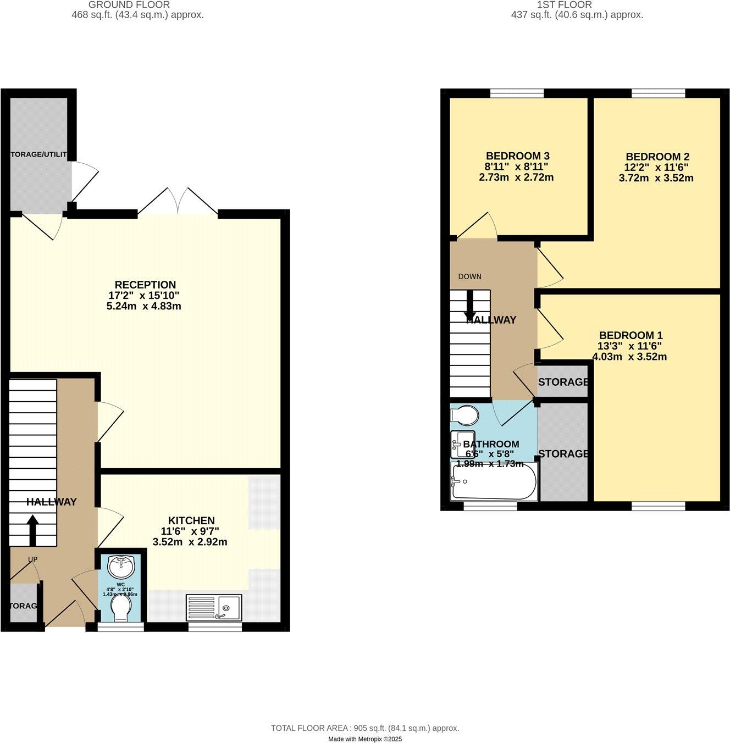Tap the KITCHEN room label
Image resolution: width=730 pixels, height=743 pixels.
click(191, 520)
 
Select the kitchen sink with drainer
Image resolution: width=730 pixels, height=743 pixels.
click(214, 607)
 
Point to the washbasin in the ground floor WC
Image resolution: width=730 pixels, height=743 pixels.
click(120, 565)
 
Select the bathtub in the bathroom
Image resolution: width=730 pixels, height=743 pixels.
click(493, 481)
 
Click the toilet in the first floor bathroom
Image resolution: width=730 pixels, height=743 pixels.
click(464, 415)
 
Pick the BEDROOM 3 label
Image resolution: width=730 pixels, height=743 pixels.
click(517, 156)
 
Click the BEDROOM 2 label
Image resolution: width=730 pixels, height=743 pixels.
click(657, 156)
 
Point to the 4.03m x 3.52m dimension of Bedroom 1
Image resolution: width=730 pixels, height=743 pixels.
click(629, 357)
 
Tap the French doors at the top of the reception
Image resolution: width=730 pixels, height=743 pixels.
click(178, 202)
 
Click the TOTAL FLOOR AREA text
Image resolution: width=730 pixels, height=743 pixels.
click(364, 728)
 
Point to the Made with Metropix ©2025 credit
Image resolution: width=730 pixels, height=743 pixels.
click(364, 739)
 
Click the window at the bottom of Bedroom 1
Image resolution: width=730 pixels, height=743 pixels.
click(658, 506)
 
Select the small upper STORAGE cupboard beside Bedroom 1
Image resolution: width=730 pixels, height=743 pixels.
click(562, 382)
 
